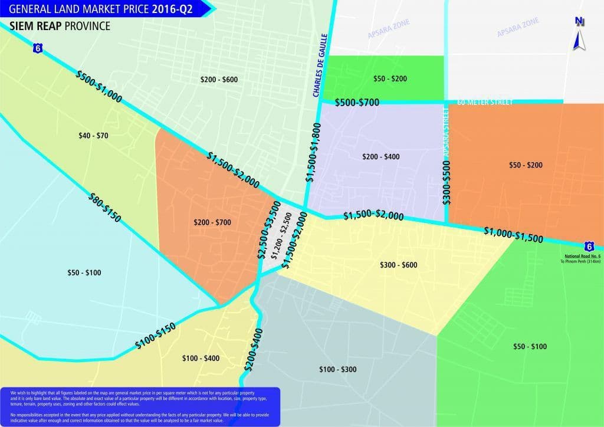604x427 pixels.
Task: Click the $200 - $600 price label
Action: point(219,80)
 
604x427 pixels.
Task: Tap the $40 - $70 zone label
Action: point(93,136)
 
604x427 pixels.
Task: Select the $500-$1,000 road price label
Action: point(99,87)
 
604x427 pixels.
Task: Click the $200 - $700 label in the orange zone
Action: point(212,222)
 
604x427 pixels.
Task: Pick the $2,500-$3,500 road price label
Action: point(268,230)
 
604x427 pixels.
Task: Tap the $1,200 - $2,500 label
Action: point(281,236)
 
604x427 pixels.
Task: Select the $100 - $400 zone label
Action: point(201,359)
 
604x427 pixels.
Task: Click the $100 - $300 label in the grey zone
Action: point(337,370)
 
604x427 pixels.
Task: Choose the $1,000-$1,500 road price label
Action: point(513,234)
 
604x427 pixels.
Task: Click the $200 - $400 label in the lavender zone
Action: point(380,157)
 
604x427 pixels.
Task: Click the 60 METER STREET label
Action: point(485,102)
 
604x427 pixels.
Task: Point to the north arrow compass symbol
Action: point(579,34)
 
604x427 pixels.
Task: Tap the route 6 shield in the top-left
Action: point(38,50)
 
